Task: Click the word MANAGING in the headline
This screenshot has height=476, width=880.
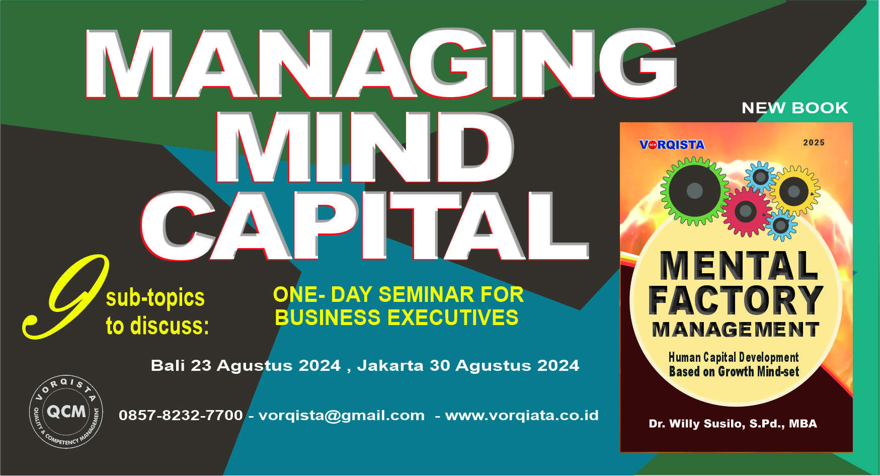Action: (x=381, y=64)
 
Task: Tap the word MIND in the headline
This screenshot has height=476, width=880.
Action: (x=365, y=147)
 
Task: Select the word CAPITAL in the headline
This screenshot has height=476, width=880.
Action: (x=365, y=226)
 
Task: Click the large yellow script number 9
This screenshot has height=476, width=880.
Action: (x=65, y=297)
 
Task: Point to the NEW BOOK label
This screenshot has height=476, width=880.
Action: (x=795, y=108)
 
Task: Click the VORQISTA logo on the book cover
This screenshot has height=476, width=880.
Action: (x=672, y=145)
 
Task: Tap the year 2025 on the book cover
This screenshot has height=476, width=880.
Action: (x=814, y=142)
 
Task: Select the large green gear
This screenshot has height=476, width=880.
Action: (x=695, y=191)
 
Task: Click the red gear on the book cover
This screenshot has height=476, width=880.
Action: (x=746, y=211)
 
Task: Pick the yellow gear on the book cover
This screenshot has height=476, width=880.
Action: (x=794, y=191)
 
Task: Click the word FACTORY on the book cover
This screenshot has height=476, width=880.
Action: (x=735, y=300)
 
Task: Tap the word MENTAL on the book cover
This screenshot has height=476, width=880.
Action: (x=739, y=266)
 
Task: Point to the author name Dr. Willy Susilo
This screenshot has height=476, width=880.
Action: (x=733, y=424)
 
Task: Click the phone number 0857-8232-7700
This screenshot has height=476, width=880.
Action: (x=181, y=415)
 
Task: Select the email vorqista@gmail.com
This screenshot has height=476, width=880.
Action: (x=341, y=416)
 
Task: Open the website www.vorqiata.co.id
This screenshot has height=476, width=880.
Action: (x=522, y=416)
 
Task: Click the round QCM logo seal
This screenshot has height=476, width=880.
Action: (x=66, y=412)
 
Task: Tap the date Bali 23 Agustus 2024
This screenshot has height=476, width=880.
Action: (x=246, y=365)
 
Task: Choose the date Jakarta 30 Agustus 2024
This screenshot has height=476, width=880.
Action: (x=468, y=365)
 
